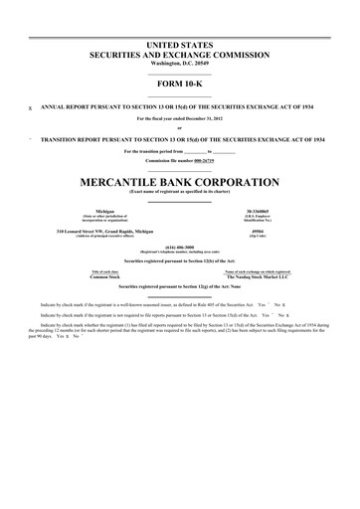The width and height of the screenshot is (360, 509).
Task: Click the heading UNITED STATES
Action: click(x=180, y=47)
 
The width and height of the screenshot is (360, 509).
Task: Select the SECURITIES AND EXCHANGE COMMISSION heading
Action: click(x=180, y=56)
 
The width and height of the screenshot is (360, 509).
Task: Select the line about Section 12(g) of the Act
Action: click(x=180, y=286)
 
